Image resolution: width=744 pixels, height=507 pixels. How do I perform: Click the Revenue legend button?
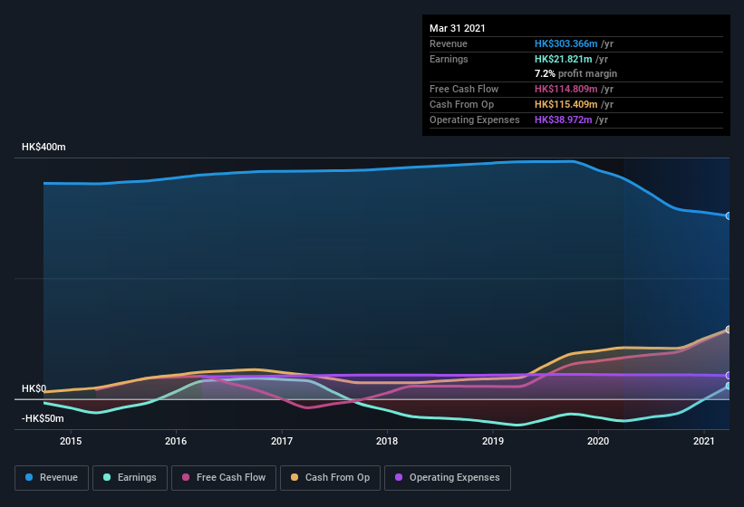(x=52, y=477)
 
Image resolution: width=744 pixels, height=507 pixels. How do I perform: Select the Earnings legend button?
(x=130, y=477)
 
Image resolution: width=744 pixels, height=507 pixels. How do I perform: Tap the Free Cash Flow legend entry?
(x=224, y=477)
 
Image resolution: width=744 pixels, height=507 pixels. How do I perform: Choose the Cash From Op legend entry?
(x=330, y=477)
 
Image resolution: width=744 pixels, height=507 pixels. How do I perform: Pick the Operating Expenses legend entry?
(x=448, y=477)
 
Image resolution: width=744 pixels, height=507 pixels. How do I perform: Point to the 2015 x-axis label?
(x=71, y=441)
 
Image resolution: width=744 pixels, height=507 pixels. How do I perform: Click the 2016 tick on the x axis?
(x=176, y=441)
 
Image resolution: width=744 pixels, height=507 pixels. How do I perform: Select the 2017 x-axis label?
(x=282, y=441)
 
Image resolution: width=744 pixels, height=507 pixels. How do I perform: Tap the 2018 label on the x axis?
(x=387, y=441)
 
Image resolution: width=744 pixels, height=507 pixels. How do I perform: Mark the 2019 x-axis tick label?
(x=493, y=441)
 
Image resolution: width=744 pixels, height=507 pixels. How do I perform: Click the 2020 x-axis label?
(x=598, y=441)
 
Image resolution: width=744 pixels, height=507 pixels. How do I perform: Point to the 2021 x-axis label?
(x=704, y=441)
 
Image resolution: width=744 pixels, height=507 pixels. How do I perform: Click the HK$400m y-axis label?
(x=43, y=147)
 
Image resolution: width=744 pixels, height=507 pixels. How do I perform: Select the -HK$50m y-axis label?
(x=43, y=418)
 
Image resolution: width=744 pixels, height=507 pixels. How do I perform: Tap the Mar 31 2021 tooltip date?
(x=458, y=28)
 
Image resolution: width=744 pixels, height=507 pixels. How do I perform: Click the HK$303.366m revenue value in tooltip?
(x=566, y=43)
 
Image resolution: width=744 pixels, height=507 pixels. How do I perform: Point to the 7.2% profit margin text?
(x=575, y=73)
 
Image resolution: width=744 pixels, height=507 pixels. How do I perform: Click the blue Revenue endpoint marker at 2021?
(x=729, y=215)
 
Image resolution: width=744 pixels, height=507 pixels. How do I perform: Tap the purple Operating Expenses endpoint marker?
(x=729, y=375)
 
